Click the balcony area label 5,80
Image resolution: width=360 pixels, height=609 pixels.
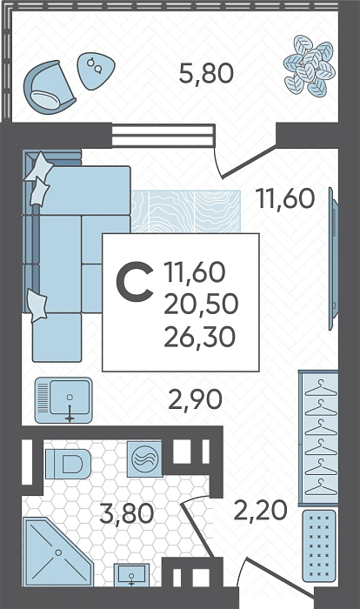[206, 73]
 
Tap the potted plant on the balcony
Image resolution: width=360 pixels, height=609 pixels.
[309, 65]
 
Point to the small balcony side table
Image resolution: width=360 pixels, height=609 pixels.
[97, 70]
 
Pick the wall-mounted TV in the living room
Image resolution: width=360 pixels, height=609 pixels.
[333, 258]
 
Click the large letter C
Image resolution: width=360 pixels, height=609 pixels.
[135, 282]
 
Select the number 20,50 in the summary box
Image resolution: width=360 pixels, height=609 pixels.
[201, 304]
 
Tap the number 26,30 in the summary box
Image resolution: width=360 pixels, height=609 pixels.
[200, 337]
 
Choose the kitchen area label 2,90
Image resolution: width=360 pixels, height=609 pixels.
[195, 398]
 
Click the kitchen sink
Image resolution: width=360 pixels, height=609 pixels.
[63, 400]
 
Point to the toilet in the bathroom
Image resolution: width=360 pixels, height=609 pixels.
[68, 464]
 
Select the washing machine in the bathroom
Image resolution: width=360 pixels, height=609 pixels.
[145, 458]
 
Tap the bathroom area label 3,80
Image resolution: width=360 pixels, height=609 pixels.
[127, 513]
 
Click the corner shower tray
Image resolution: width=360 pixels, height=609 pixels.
[57, 552]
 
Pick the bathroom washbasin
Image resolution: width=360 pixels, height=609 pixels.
[131, 575]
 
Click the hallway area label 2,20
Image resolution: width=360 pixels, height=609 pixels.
[261, 510]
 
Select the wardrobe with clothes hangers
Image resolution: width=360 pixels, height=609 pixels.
[318, 438]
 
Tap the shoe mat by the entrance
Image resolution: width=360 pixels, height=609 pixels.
[319, 545]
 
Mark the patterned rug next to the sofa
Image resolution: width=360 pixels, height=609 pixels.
[185, 211]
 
